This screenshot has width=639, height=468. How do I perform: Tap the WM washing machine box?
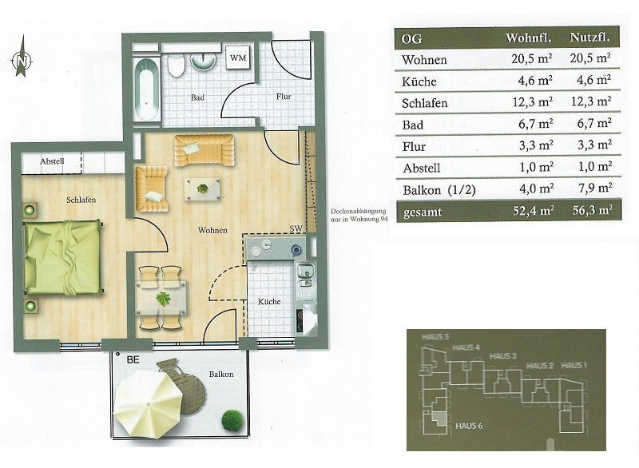pos(238,58)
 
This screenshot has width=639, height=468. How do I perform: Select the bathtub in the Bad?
pos(146,89)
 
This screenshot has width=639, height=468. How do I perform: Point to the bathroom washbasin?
pos(203,61)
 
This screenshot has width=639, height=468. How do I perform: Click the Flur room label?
pos(284,97)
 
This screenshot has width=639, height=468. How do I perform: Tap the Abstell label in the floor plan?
pos(52,161)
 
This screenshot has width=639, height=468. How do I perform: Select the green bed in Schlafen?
pos(62,256)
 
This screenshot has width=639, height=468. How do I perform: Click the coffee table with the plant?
pos(203,188)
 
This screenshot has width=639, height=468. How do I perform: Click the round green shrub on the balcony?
pos(232,420)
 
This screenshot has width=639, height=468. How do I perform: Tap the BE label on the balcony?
pos(133,359)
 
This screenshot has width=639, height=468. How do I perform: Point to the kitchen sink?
pos(305,276)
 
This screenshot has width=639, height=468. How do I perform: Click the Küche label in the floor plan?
pos(269,301)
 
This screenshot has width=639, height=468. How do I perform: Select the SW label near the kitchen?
pos(296,229)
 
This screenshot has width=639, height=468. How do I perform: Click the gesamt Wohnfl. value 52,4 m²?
pos(533,211)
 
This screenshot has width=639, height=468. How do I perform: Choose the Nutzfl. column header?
pos(589,38)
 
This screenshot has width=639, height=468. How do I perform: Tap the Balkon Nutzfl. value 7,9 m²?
pos(594,188)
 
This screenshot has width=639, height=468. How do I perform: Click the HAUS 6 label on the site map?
pos(469,426)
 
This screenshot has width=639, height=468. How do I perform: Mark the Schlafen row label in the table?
pos(425,103)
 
